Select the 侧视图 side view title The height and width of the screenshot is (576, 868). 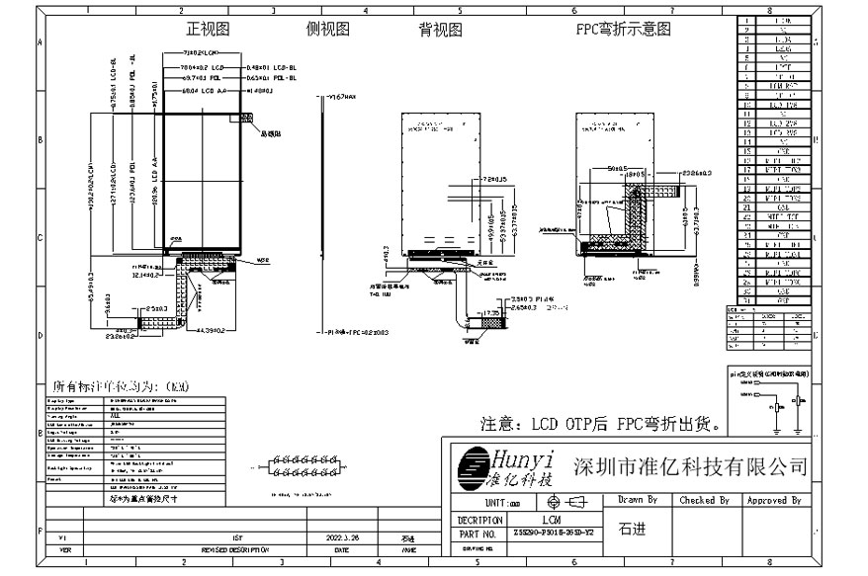pos(328,29)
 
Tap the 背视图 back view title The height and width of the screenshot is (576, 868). pos(440,30)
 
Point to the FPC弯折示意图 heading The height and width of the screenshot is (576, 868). pos(624,30)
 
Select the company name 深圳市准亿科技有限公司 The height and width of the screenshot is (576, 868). pos(690,466)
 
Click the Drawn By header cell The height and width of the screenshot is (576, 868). pos(638,501)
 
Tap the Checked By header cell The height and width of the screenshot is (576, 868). pos(704,501)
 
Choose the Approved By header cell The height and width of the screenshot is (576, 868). pos(773,501)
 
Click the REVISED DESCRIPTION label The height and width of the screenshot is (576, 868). pos(234,549)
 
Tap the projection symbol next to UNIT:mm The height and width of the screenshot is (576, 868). pos(566,503)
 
